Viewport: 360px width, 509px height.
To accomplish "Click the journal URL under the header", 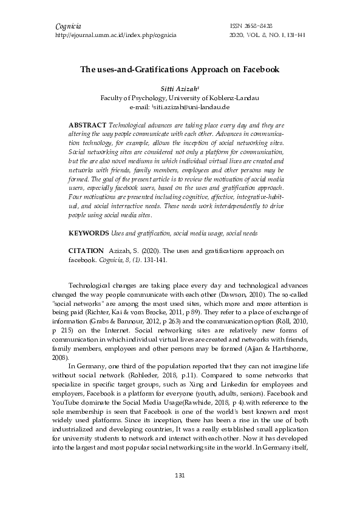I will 116,36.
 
